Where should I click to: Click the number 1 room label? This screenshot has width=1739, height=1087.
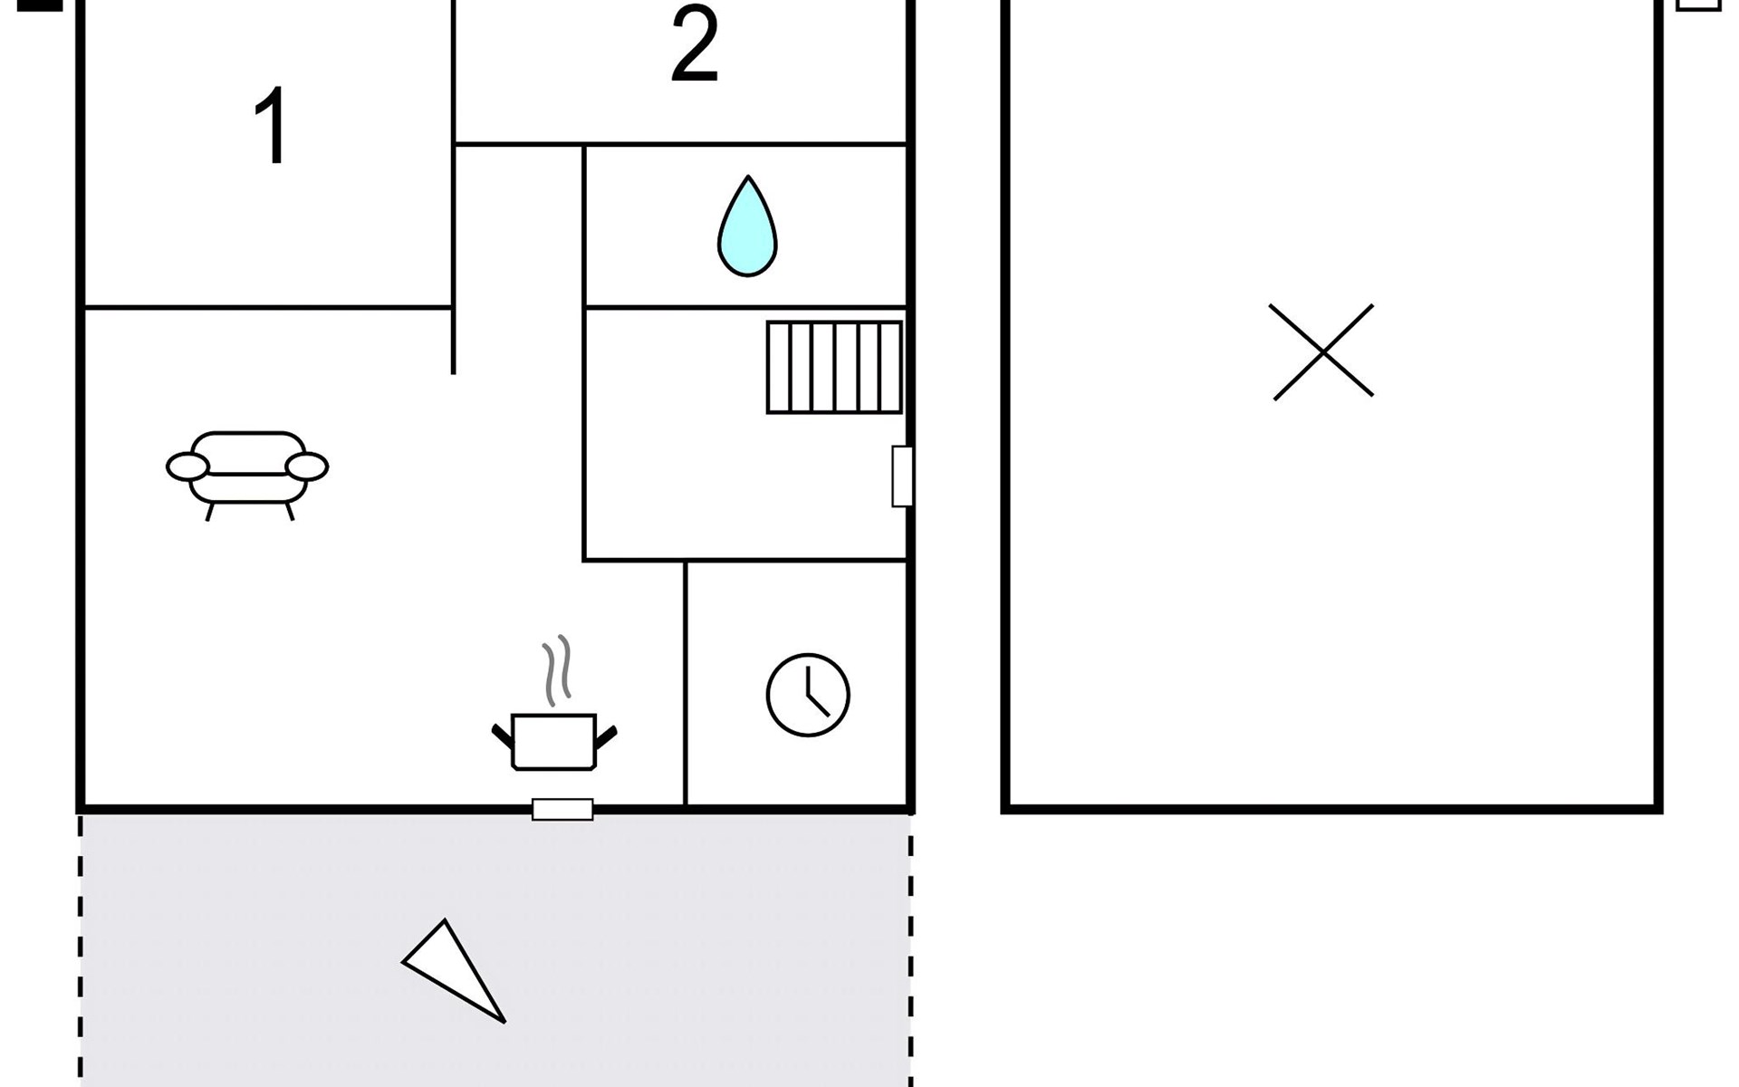point(271,126)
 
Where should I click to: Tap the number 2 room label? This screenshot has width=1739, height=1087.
point(695,45)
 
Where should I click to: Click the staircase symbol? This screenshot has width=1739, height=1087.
point(834,367)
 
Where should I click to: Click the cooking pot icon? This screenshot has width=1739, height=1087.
point(553,741)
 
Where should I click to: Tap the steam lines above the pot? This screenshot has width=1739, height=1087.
point(557,670)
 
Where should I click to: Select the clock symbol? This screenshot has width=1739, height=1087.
point(808,695)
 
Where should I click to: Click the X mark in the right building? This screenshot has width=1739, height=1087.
point(1322,351)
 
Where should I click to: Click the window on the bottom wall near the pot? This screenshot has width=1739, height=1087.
point(562,809)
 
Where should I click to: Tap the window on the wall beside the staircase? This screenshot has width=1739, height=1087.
point(902,476)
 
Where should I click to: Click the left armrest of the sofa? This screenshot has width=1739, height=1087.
point(187,467)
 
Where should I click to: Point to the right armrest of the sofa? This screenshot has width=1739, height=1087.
point(307,467)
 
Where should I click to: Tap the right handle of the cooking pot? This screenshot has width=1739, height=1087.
point(606,735)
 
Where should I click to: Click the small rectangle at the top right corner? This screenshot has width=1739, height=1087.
point(1698,5)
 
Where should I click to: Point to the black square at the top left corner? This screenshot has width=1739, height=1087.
point(40,5)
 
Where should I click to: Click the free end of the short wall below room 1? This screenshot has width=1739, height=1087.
point(453,371)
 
